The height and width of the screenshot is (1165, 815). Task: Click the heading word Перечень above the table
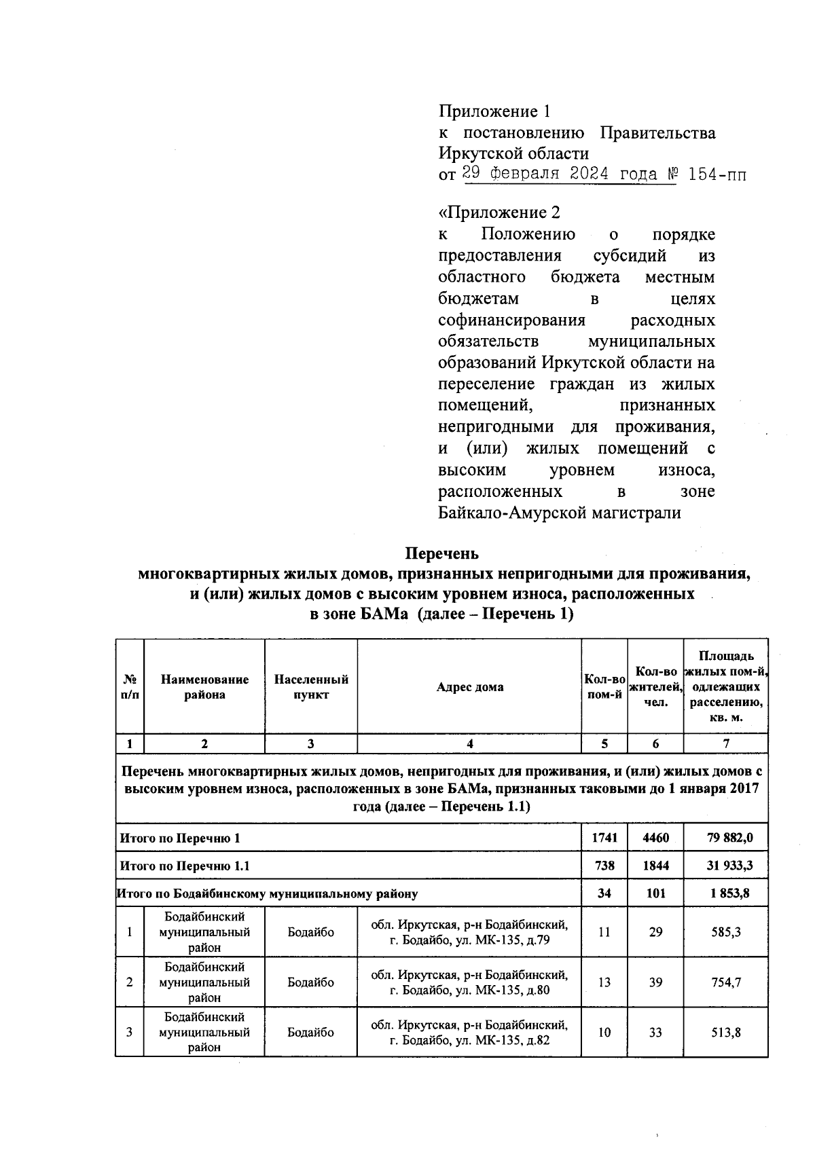pos(442,553)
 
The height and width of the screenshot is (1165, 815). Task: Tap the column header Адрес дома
pos(469,686)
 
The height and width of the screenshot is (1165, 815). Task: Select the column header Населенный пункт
pos(311,686)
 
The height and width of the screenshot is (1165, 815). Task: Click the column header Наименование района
pos(204,686)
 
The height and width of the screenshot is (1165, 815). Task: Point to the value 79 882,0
pos(726,838)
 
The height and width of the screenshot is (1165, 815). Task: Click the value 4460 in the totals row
pos(655,838)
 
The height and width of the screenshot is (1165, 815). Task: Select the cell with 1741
pos(604,838)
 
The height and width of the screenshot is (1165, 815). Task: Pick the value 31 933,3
pos(726,866)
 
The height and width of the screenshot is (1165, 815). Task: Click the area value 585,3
pos(726,932)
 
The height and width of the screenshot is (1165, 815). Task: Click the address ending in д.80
pos(469,982)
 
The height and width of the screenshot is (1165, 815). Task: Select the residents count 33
pos(655,1032)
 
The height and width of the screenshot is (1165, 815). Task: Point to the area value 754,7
pos(726,982)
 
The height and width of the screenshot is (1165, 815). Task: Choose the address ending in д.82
pos(469,1032)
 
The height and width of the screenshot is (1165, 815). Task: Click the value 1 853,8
pos(726,893)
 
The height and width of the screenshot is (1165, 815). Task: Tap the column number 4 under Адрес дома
pos(469,743)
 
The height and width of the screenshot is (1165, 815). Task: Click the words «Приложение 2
pos(499,212)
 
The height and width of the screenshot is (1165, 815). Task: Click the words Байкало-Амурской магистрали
pos(560,513)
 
